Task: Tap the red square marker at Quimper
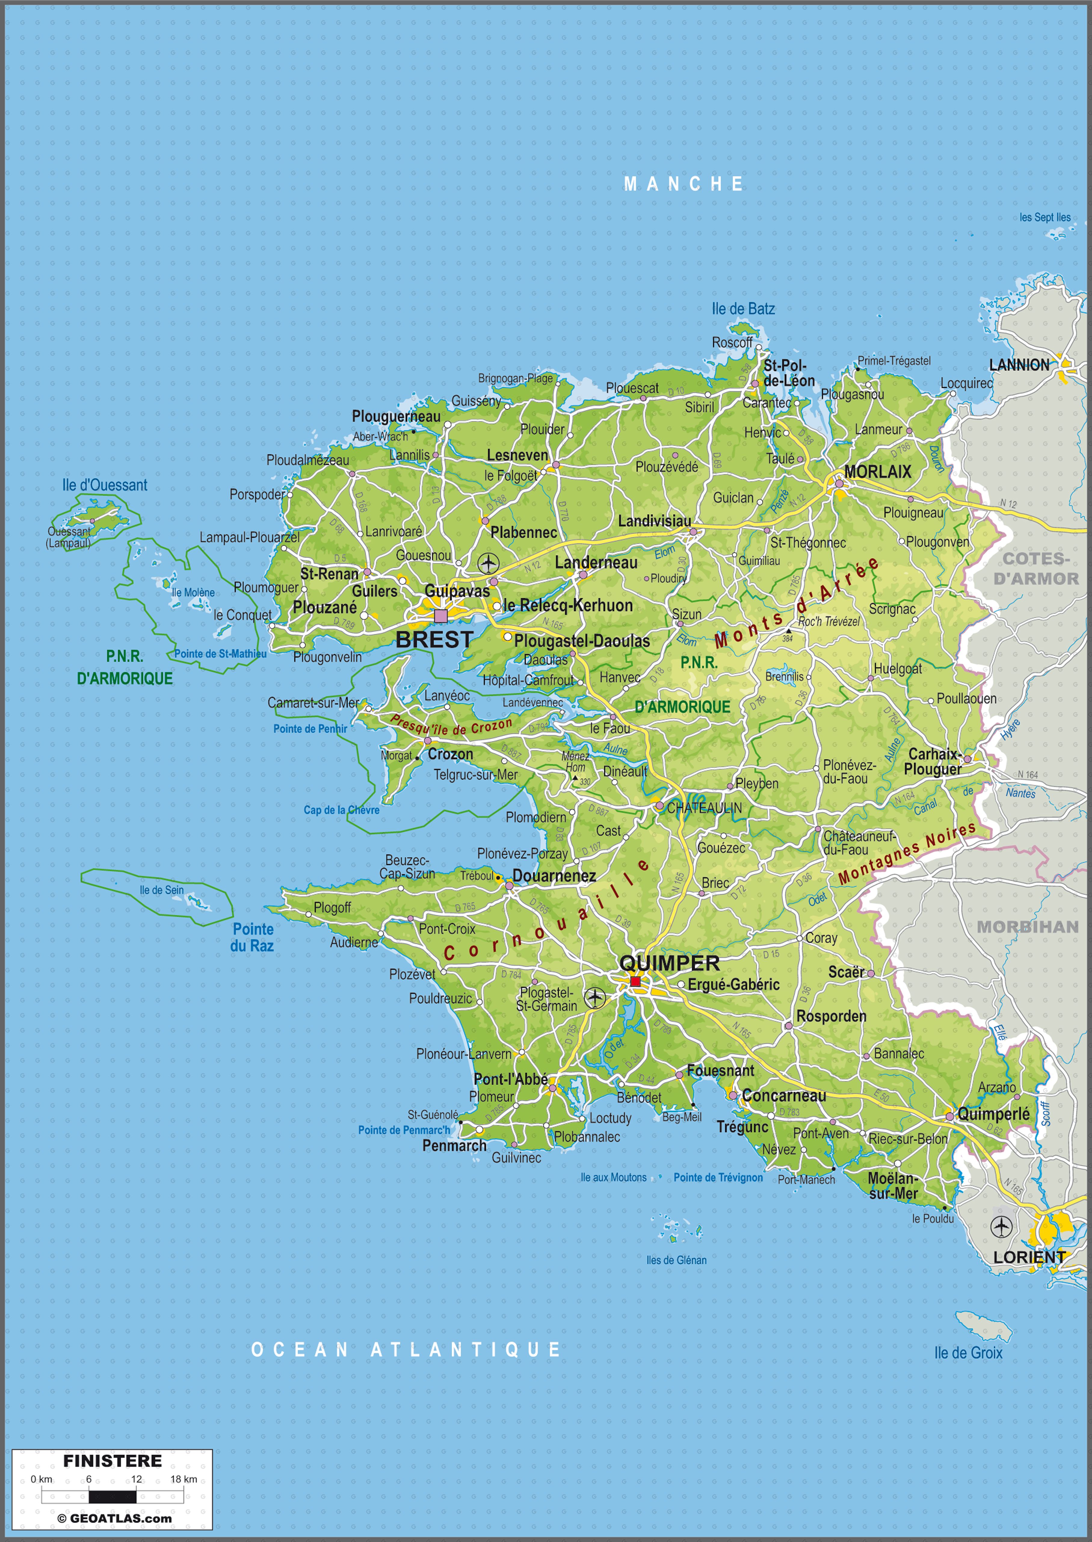coord(635,981)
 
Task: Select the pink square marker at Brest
coord(440,615)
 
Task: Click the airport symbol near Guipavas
coord(489,562)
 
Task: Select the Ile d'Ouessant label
coord(104,485)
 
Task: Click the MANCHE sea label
coord(683,183)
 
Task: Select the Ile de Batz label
coord(743,309)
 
